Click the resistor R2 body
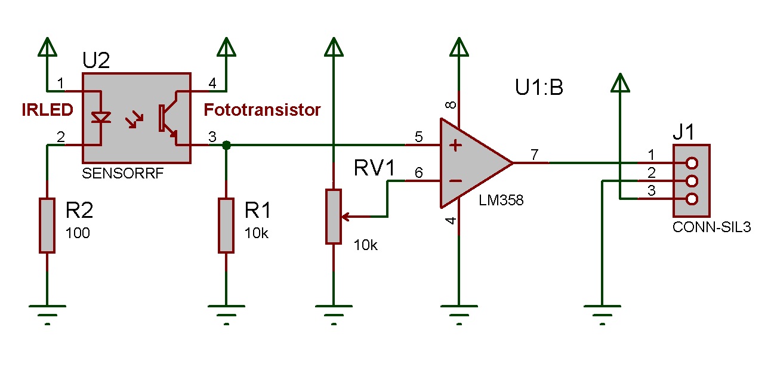click(x=47, y=226)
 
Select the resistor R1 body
click(x=226, y=226)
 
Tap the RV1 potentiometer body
click(x=334, y=216)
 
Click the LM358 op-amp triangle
click(x=471, y=162)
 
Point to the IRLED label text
click(x=48, y=110)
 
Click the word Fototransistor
click(x=262, y=110)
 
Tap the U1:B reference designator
click(x=539, y=88)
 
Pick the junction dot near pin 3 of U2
click(x=226, y=145)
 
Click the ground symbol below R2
click(x=47, y=313)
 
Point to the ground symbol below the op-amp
click(x=459, y=313)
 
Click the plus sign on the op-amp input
click(x=456, y=145)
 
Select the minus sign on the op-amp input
click(x=456, y=180)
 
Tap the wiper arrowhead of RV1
click(x=347, y=216)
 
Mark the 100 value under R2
click(x=78, y=233)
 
